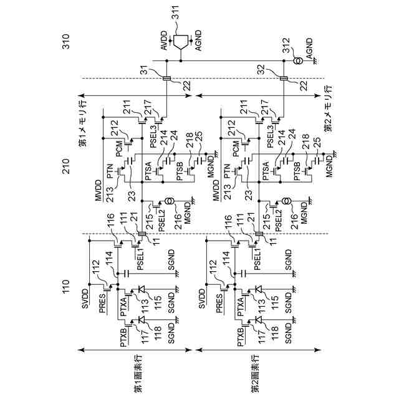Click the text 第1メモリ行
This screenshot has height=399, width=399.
[x=83, y=123]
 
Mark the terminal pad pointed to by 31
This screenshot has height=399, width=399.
[x=167, y=78]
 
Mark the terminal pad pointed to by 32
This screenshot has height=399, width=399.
[x=284, y=78]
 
